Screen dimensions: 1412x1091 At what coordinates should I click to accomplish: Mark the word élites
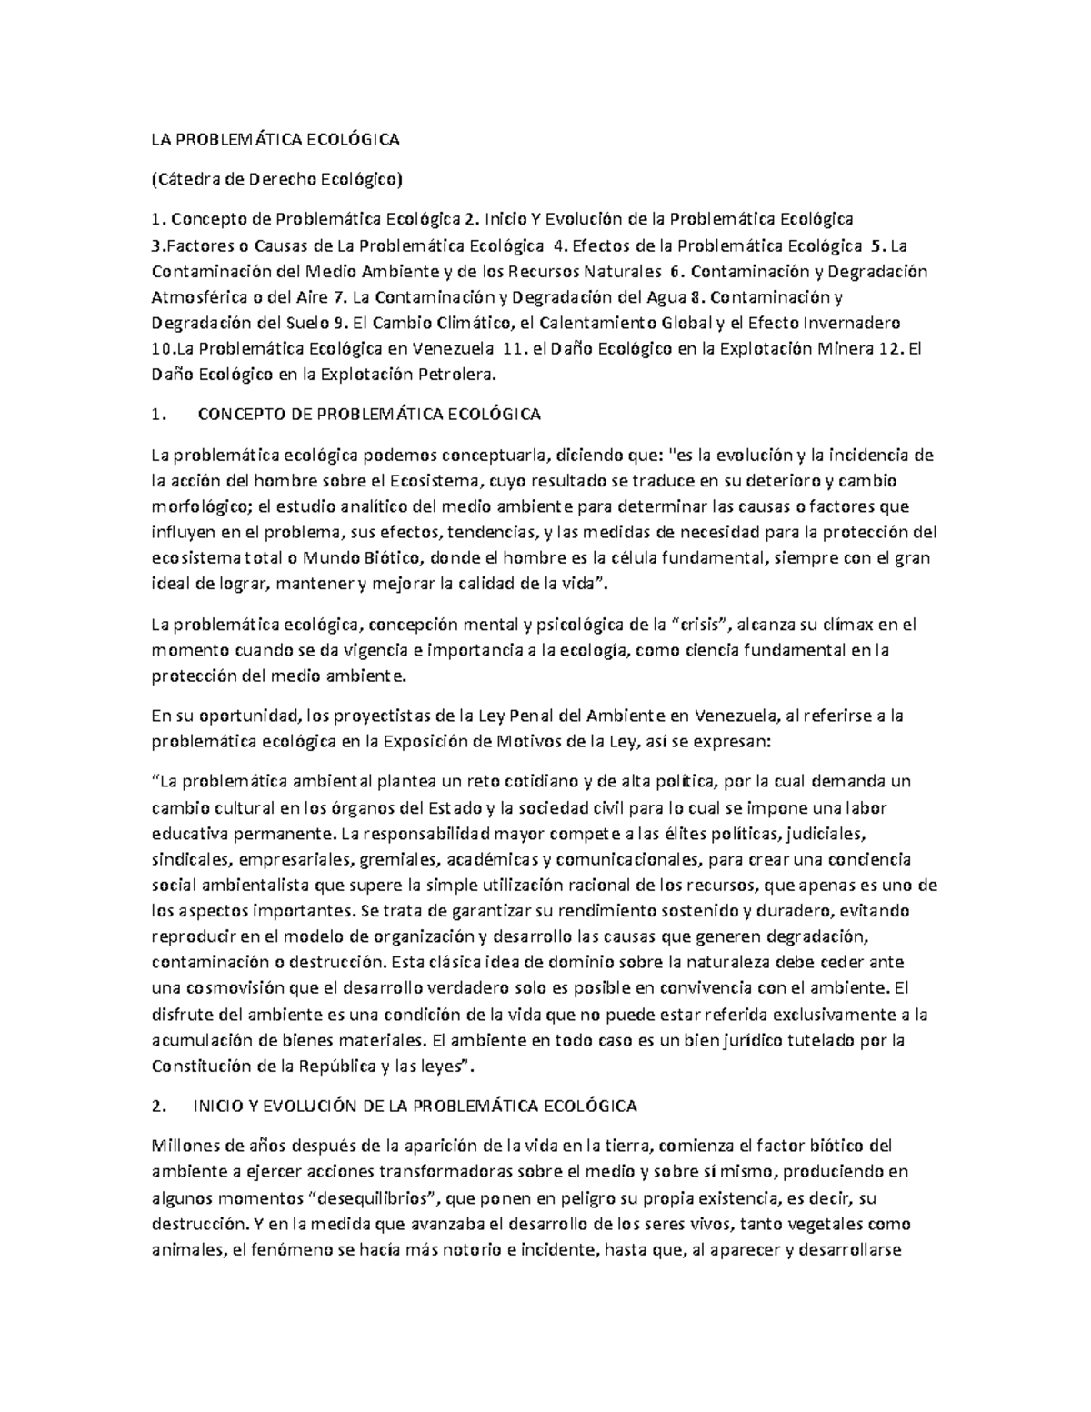coord(666,833)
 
